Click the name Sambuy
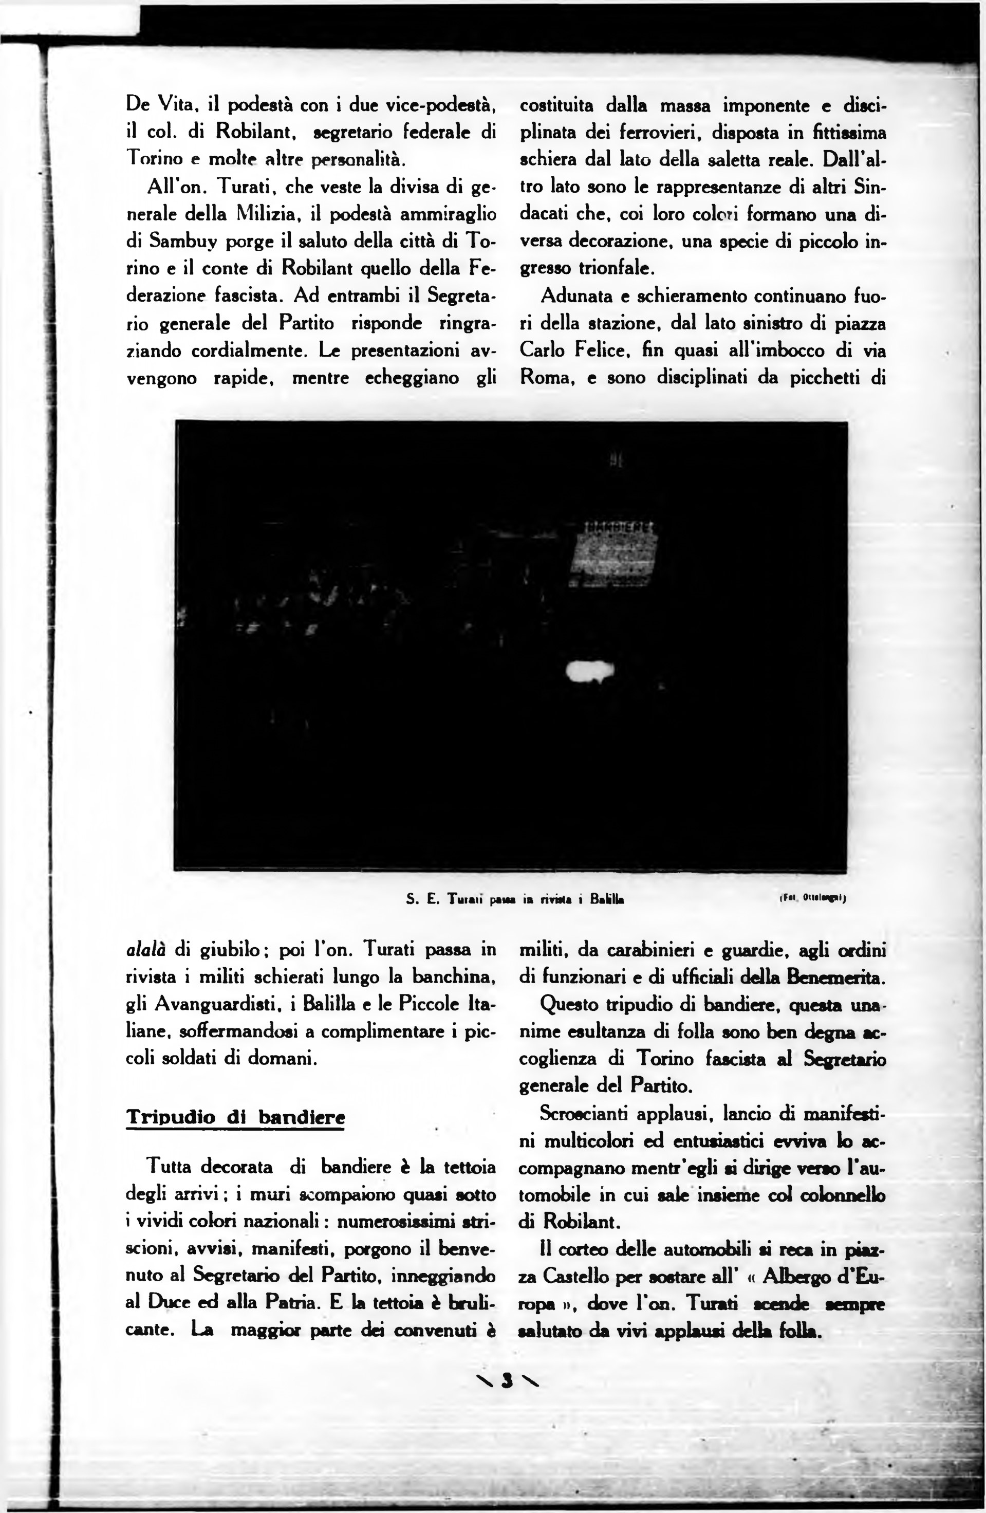[188, 242]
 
